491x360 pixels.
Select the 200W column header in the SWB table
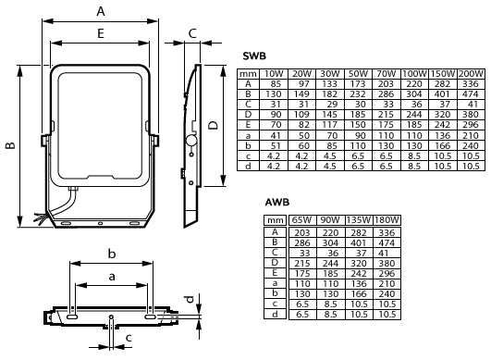470,73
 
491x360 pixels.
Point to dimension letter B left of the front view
9,145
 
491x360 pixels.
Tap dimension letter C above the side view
192,33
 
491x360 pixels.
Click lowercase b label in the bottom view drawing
111,253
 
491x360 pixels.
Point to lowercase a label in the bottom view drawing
111,276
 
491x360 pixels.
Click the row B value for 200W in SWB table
470,93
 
